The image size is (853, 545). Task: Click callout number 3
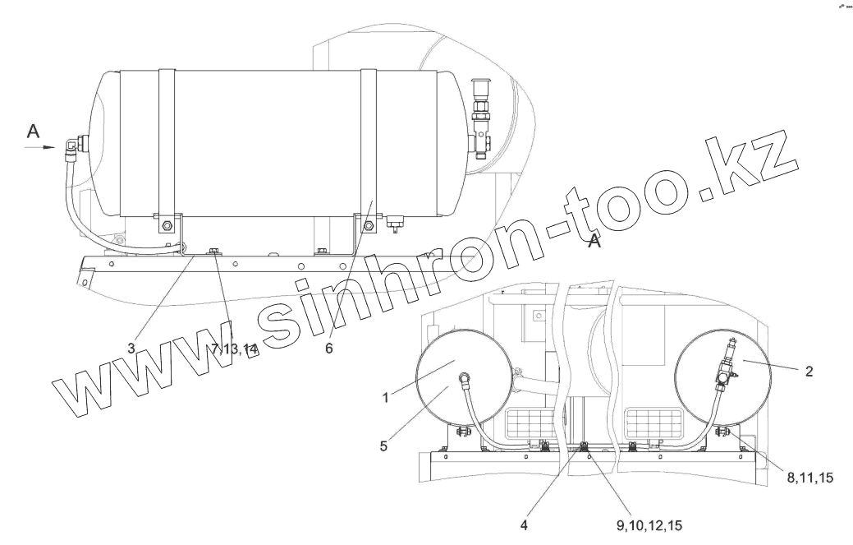[x=131, y=349]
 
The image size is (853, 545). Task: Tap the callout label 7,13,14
[x=234, y=349]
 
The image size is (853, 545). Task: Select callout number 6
[x=329, y=349]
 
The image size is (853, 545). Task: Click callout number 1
[x=386, y=398]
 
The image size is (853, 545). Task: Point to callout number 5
[x=384, y=446]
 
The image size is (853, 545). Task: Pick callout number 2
[x=809, y=372]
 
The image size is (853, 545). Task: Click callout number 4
[x=524, y=525]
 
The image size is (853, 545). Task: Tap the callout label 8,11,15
[x=809, y=478]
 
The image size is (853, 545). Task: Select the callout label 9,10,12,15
[x=649, y=525]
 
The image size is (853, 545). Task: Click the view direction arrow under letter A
[x=41, y=147]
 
